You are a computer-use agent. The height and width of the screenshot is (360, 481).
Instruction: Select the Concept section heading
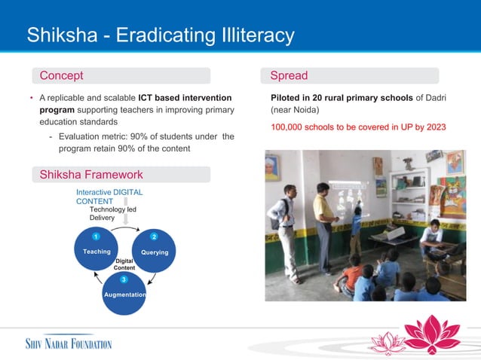pyautogui.click(x=61, y=75)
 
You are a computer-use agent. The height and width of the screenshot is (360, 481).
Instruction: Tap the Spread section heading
pyautogui.click(x=289, y=75)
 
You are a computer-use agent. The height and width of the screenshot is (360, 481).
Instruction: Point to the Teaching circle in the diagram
pyautogui.click(x=97, y=251)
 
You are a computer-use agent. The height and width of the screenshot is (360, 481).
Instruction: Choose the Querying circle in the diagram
pyautogui.click(x=155, y=251)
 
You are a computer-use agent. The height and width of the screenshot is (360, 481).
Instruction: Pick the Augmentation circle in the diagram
pyautogui.click(x=124, y=294)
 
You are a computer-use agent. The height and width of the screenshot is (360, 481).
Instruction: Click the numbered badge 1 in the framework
pyautogui.click(x=97, y=236)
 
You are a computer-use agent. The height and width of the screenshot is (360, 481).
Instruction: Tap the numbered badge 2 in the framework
pyautogui.click(x=154, y=236)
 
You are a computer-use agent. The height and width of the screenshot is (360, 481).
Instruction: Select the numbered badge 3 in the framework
pyautogui.click(x=124, y=280)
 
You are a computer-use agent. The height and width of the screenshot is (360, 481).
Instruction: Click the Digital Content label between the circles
pyautogui.click(x=124, y=264)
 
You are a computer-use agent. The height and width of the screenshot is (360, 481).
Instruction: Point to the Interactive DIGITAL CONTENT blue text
pyautogui.click(x=109, y=197)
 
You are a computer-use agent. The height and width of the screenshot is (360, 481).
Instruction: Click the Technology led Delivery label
pyautogui.click(x=112, y=213)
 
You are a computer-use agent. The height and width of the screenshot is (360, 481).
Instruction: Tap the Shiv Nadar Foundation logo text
pyautogui.click(x=63, y=344)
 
